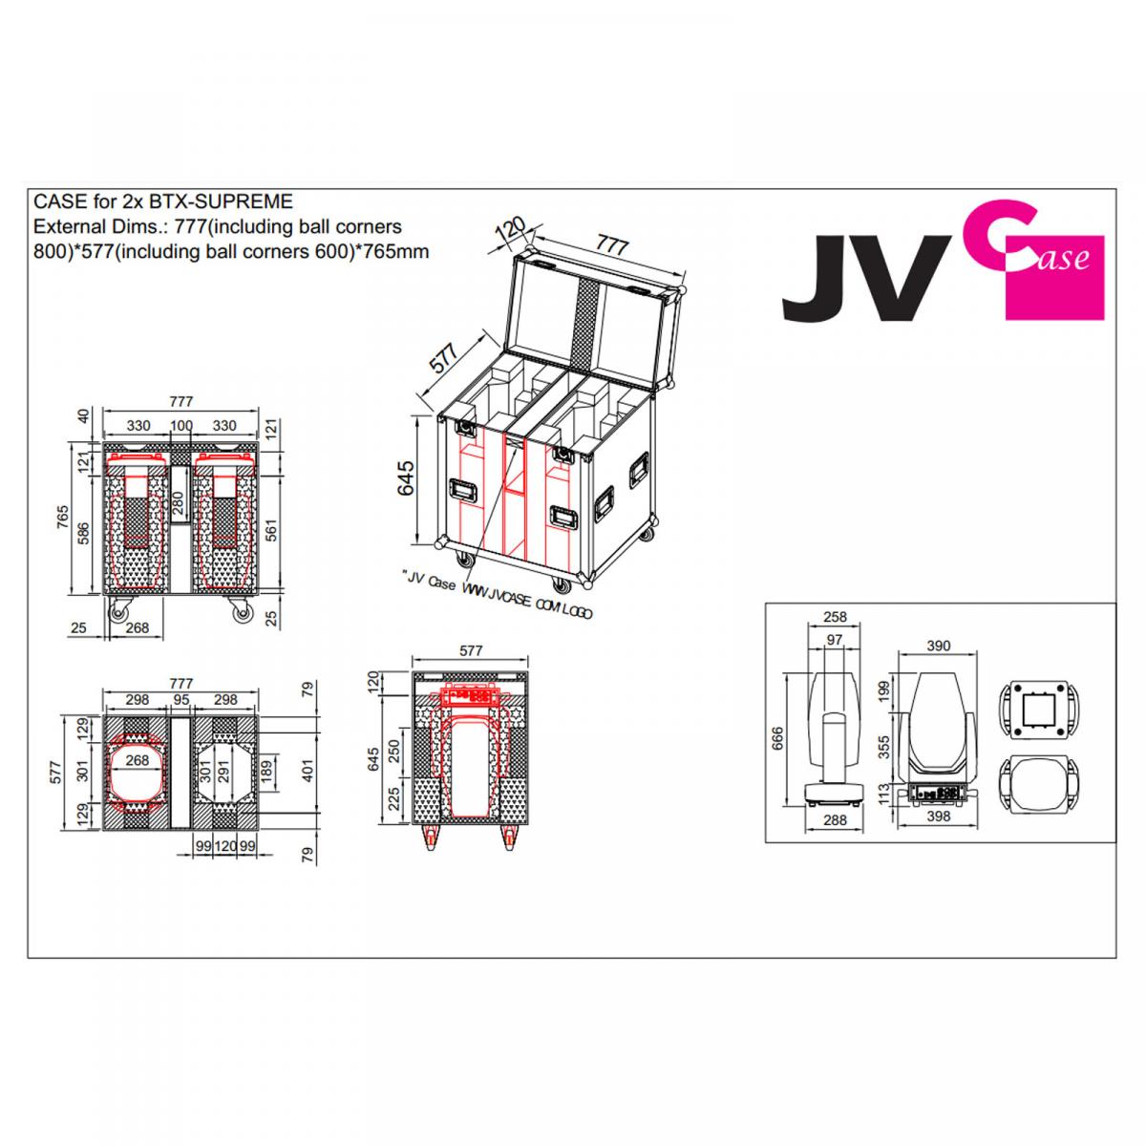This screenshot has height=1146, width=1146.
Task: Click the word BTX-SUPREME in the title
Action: click(221, 202)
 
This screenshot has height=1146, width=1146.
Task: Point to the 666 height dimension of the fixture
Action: click(778, 738)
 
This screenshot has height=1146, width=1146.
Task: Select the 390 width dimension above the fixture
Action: click(939, 646)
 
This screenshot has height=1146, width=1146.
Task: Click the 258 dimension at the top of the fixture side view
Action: click(835, 617)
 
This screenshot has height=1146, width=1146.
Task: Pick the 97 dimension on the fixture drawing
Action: click(835, 640)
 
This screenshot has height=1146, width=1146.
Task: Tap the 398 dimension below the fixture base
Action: click(939, 817)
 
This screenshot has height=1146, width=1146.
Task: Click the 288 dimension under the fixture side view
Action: click(835, 820)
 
